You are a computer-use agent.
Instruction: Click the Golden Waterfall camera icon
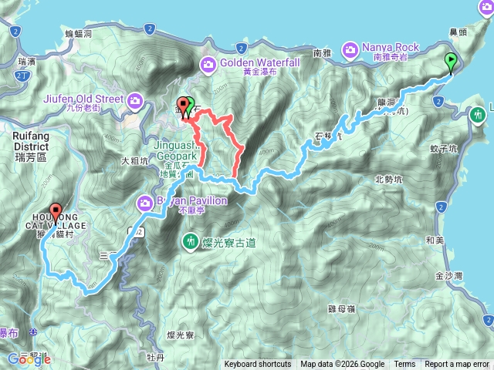pyautogui.click(x=208, y=63)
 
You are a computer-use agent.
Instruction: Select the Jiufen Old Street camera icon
pyautogui.click(x=136, y=99)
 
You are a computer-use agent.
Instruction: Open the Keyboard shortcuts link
pyautogui.click(x=258, y=365)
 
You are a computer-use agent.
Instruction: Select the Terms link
pyautogui.click(x=404, y=365)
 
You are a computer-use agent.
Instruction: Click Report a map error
pyautogui.click(x=457, y=365)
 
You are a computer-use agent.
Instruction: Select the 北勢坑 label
pyautogui.click(x=388, y=180)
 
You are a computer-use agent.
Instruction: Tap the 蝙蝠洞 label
pyautogui.click(x=78, y=34)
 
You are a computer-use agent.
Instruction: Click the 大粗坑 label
pyautogui.click(x=135, y=162)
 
